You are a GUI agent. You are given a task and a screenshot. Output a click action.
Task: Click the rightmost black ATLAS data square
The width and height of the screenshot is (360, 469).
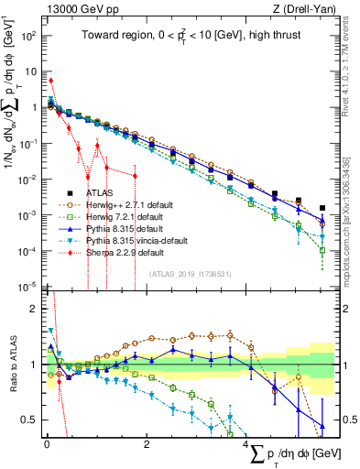point(322,208)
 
